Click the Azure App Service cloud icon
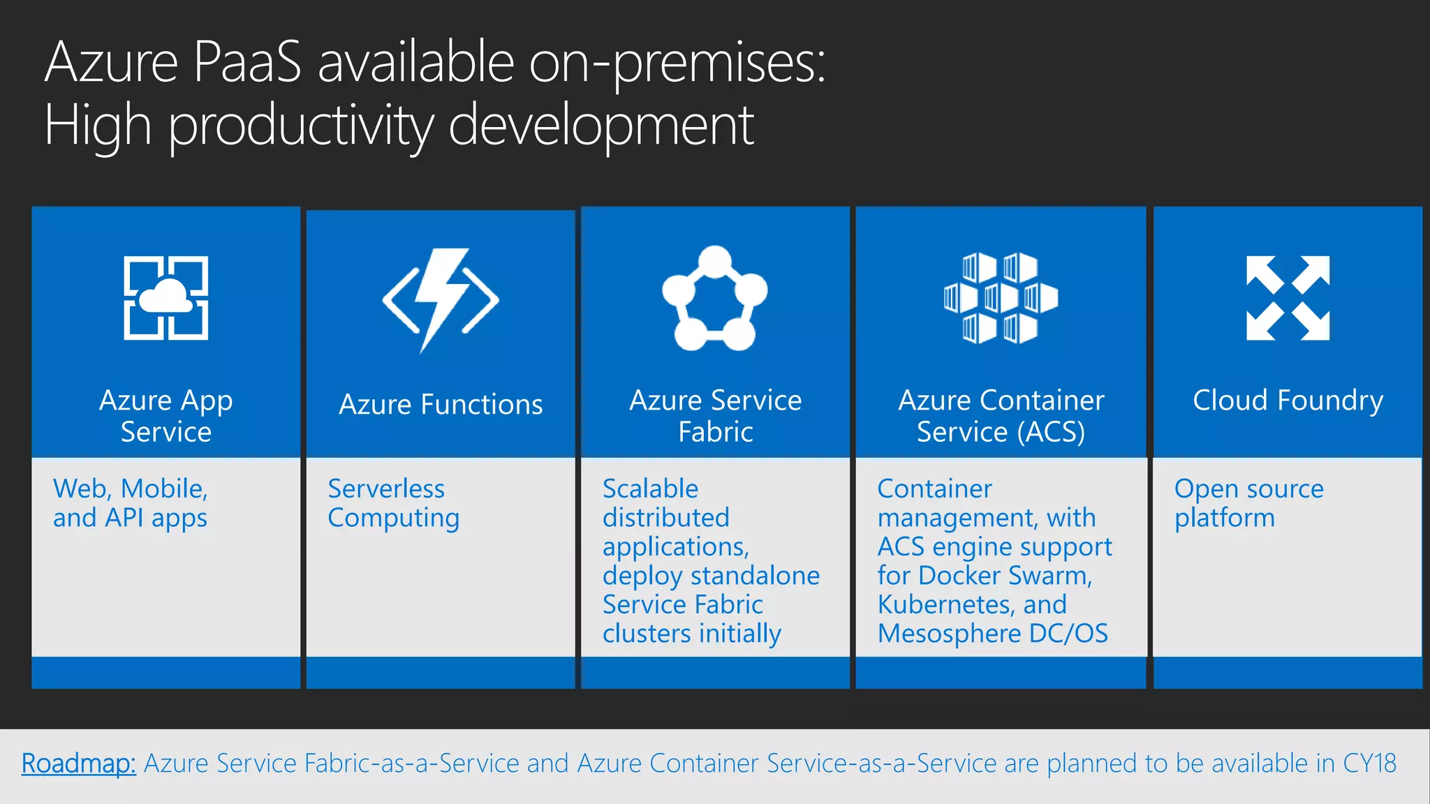coord(165,298)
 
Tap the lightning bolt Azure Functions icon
coord(441,299)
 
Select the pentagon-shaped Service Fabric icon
coord(714,299)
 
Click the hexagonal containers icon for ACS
coord(1001,298)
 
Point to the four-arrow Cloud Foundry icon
coord(1288,298)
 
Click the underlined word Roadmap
coord(78,764)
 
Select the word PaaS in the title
coord(247,63)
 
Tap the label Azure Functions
coord(441,405)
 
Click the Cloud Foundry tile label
coord(1288,401)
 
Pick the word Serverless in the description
coord(386,489)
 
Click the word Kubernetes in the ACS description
coord(946,604)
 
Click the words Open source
coord(1248,489)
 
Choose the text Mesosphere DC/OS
coord(992,634)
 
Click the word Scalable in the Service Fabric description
coord(650,489)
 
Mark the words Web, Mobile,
coord(131,489)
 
